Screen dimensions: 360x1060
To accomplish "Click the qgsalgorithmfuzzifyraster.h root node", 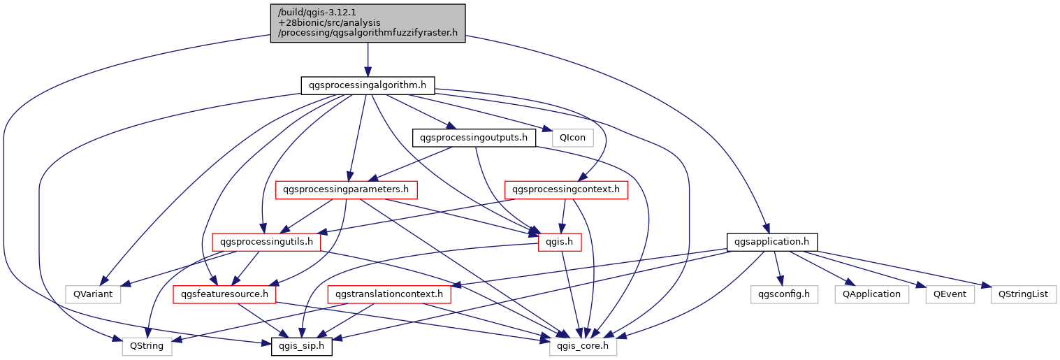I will tap(368, 22).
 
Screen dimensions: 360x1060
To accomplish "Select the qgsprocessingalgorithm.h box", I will tap(368, 86).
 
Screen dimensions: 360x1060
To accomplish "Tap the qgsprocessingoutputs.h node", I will tap(474, 138).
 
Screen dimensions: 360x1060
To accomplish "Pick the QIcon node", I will tap(572, 138).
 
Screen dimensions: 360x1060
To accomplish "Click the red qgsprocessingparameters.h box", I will tap(347, 189).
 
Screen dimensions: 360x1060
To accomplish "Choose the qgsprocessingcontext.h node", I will tap(565, 189).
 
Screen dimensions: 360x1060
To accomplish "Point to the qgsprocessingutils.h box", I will tap(266, 242).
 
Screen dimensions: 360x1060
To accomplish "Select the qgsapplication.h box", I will tap(772, 242).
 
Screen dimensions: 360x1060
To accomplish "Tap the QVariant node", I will tap(92, 294).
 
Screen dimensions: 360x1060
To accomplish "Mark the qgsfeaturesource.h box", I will tap(225, 294).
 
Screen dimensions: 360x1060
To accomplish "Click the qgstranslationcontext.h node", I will tap(389, 294).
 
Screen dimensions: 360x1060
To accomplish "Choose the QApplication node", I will tap(871, 294).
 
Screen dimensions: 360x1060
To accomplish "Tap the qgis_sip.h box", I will tap(301, 346).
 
